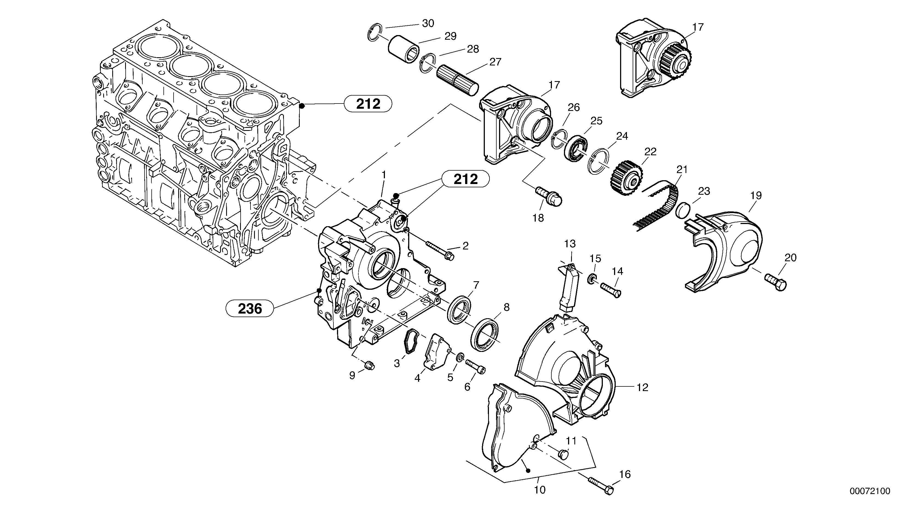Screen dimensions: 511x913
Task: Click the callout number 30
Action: [428, 23]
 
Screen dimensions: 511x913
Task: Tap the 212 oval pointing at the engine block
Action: [368, 104]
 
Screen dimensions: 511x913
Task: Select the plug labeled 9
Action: [370, 365]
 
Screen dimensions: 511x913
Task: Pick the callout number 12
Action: [642, 387]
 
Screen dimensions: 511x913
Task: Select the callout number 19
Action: [756, 196]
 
